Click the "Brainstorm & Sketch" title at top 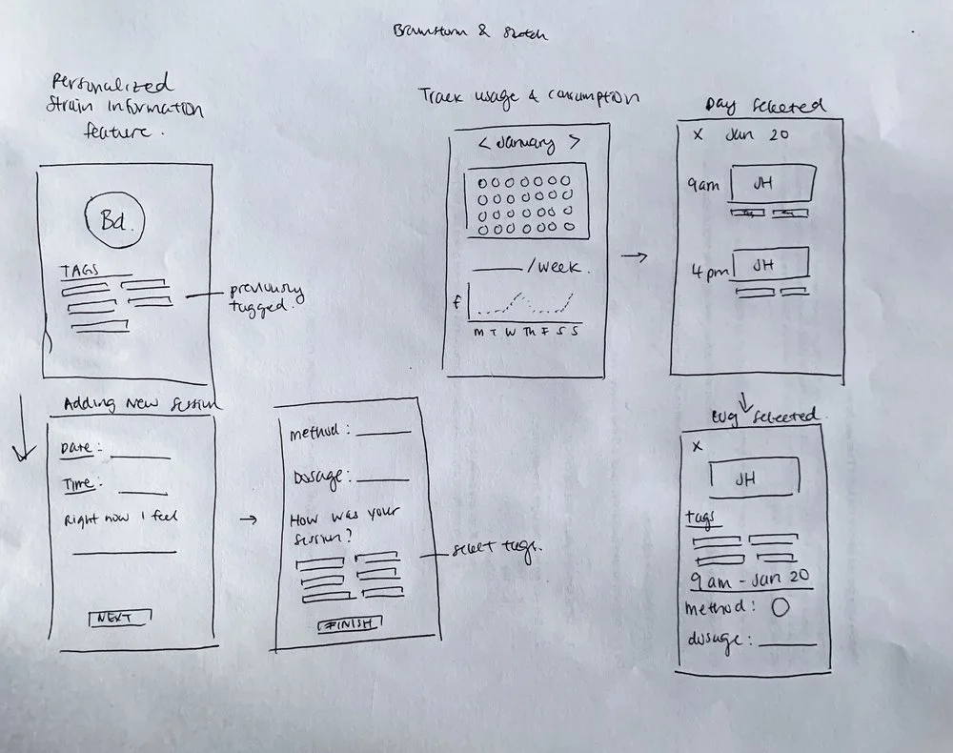(x=471, y=32)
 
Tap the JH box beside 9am (x=773, y=181)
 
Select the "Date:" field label (x=80, y=449)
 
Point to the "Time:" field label (x=79, y=484)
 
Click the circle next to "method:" (x=779, y=608)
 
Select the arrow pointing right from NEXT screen (x=248, y=519)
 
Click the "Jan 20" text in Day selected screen (x=757, y=134)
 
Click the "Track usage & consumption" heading (x=528, y=96)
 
